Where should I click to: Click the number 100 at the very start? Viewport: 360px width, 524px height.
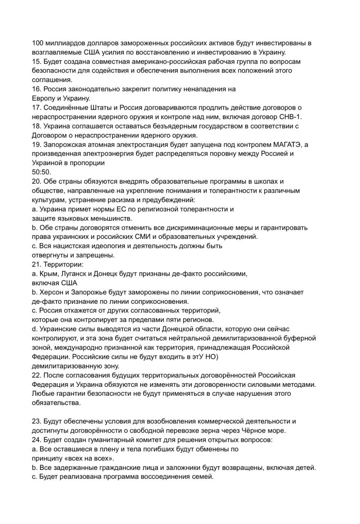click(38, 43)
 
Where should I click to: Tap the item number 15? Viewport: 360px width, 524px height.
click(37, 61)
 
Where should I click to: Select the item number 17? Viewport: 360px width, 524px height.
click(37, 108)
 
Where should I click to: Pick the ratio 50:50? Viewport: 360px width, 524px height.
click(42, 172)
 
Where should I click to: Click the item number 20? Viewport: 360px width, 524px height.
click(37, 181)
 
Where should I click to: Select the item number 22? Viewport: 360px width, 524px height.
click(37, 375)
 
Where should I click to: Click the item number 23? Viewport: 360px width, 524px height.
click(37, 421)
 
